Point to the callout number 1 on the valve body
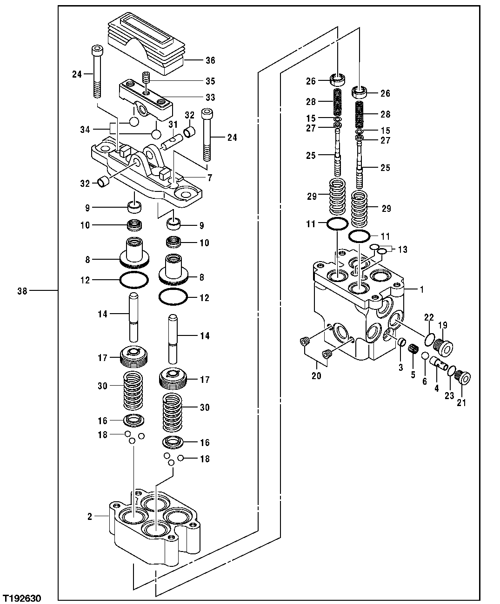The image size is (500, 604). click(421, 289)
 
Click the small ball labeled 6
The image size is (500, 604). click(425, 356)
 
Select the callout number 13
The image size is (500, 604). click(402, 249)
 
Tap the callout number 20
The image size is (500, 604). click(316, 376)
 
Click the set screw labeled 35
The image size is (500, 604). click(147, 79)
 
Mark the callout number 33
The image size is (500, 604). click(210, 98)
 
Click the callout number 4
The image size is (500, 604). click(436, 388)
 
